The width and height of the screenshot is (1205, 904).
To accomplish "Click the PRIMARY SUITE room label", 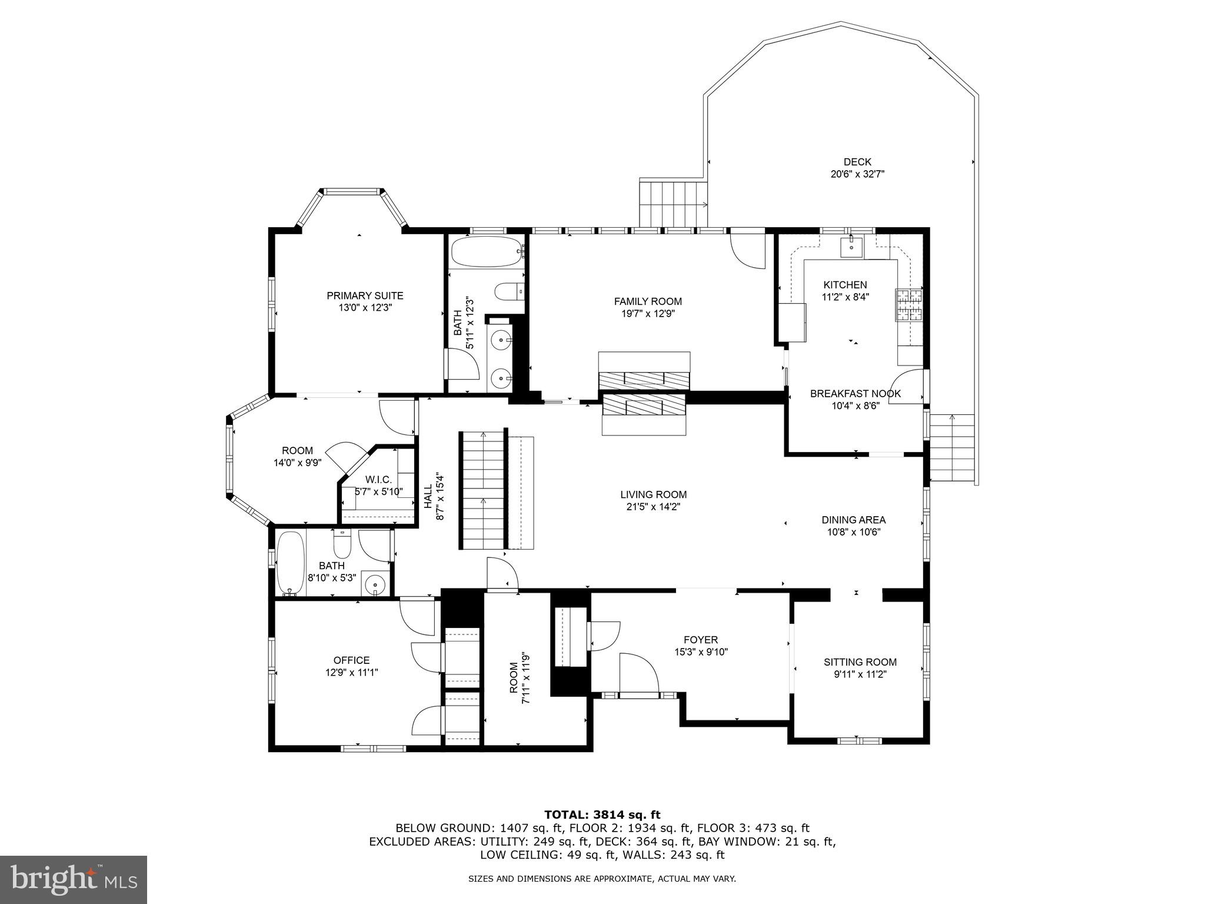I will (x=365, y=295).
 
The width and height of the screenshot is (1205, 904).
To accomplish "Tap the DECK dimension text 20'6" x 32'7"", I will (x=857, y=174).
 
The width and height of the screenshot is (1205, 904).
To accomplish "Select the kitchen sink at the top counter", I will (x=851, y=247).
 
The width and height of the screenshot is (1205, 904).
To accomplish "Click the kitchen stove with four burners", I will (x=909, y=305).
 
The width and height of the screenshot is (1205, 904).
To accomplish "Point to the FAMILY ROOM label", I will (x=648, y=301).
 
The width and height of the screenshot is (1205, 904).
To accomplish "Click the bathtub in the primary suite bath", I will (x=486, y=252).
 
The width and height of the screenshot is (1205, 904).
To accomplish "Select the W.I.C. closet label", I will (x=378, y=479).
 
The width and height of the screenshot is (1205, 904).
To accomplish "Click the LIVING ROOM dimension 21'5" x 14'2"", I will (x=653, y=507).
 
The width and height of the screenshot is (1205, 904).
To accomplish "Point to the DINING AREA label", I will (x=853, y=520).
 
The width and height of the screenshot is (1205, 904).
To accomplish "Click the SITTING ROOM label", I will (x=860, y=662).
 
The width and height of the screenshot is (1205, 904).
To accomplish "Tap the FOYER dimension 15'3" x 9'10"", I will (x=700, y=652).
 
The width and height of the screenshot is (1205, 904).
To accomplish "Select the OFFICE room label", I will (x=351, y=660).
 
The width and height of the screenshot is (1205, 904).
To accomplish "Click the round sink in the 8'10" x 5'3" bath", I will (x=374, y=584).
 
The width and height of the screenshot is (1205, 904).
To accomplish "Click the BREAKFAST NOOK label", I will (x=855, y=394).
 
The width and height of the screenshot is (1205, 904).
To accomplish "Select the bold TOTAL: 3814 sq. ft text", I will (x=602, y=815).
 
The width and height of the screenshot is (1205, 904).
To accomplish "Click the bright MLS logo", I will (x=73, y=879).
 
